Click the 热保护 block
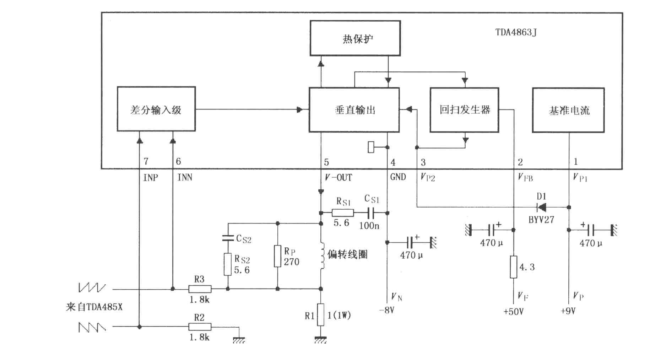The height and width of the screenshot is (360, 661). [355, 38]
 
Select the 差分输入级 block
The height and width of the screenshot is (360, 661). [156, 109]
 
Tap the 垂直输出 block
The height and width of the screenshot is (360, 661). [354, 110]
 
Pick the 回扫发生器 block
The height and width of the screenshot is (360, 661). [465, 110]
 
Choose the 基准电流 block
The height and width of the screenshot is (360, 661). [568, 110]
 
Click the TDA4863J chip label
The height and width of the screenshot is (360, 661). [516, 32]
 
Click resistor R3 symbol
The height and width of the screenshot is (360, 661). [200, 289]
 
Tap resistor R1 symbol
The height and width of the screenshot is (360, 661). [321, 315]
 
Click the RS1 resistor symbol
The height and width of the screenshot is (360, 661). [343, 213]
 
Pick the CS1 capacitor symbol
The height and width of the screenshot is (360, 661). [372, 213]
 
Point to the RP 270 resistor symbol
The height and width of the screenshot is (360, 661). [277, 256]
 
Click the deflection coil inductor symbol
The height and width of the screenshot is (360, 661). [323, 256]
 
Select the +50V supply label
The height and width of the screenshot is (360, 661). [514, 312]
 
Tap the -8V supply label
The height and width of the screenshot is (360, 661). [386, 310]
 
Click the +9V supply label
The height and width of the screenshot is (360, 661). [568, 311]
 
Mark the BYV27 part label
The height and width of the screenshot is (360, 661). [541, 220]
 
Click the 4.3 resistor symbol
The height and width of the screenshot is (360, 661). [514, 267]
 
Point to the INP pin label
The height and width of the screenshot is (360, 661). [151, 177]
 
